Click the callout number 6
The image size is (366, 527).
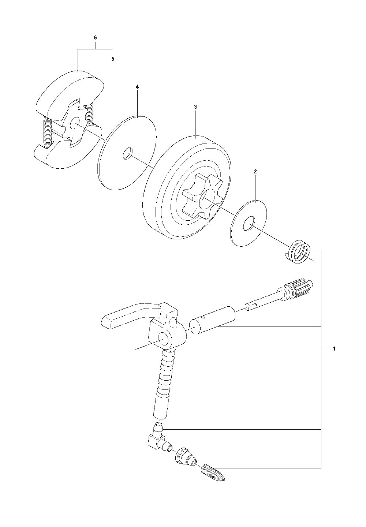95,38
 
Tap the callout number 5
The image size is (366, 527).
113,59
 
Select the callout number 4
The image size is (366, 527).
137,87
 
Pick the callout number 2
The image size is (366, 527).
255,171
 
